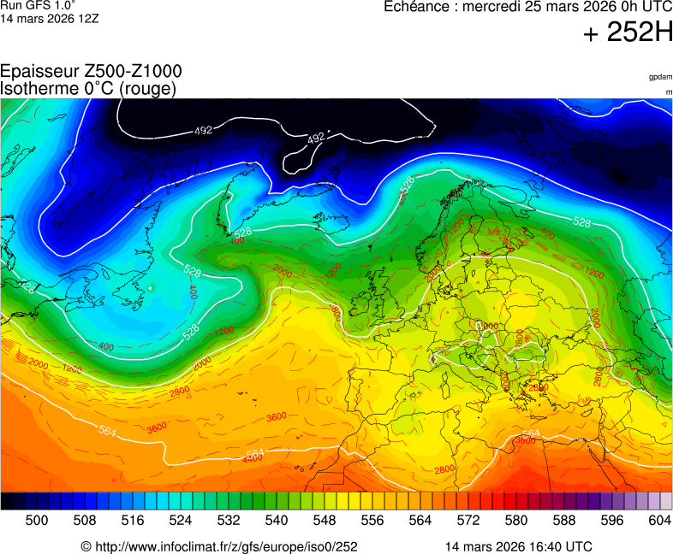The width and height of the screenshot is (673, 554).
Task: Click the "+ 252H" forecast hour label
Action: (x=628, y=32)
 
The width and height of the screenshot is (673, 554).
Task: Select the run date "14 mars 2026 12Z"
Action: (x=50, y=18)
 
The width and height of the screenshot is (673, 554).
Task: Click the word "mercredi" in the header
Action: (x=494, y=7)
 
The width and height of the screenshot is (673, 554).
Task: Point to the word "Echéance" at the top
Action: (x=417, y=7)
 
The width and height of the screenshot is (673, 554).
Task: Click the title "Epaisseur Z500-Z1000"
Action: (x=91, y=72)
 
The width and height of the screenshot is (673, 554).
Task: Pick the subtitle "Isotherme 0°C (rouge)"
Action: (x=88, y=88)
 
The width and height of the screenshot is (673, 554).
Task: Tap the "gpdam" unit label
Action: (x=660, y=77)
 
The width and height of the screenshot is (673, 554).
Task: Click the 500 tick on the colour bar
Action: (x=36, y=520)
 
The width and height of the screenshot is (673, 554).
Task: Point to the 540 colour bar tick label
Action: (x=276, y=520)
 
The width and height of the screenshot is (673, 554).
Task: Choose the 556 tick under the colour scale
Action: (x=372, y=520)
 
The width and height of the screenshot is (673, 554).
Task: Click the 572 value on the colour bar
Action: (x=468, y=520)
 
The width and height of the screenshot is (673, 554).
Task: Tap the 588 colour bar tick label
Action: (x=563, y=520)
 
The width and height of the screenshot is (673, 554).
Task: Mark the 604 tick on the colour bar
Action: (x=659, y=520)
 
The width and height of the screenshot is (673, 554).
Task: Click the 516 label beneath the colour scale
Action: (x=132, y=520)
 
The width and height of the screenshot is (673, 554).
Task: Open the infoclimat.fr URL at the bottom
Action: (x=219, y=546)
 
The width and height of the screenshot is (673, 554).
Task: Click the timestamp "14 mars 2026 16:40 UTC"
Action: (x=518, y=546)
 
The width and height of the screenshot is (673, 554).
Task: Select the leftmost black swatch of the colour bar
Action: (x=7, y=502)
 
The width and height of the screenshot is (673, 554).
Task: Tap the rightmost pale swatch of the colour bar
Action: (x=666, y=502)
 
